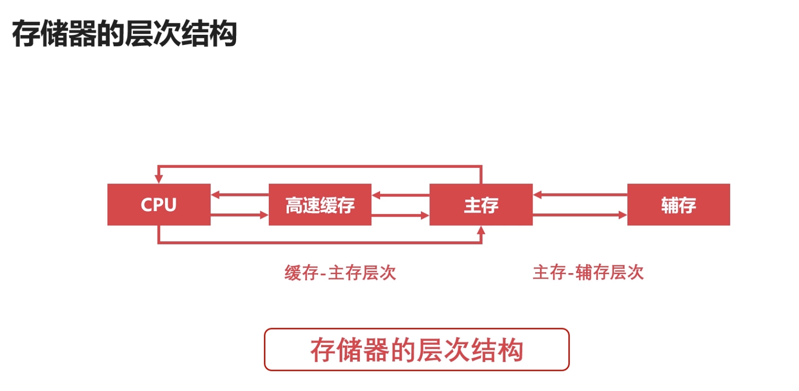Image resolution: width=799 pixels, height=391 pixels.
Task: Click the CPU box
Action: pyautogui.click(x=159, y=204)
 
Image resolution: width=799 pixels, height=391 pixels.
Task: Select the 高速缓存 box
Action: pyautogui.click(x=320, y=204)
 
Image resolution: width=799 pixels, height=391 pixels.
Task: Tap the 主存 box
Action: pyautogui.click(x=481, y=204)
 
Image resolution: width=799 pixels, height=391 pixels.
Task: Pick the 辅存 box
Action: pyautogui.click(x=678, y=204)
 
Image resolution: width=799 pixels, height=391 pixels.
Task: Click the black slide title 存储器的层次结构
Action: pyautogui.click(x=124, y=34)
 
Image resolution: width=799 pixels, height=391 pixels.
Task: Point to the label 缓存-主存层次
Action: pyautogui.click(x=340, y=273)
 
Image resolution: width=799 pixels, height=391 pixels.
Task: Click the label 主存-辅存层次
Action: pyautogui.click(x=588, y=273)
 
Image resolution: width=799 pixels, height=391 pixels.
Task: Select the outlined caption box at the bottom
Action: pyautogui.click(x=416, y=350)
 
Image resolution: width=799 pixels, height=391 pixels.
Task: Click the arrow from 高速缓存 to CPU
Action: pyautogui.click(x=240, y=194)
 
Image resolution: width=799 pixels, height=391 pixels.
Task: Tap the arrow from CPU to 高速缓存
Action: pyautogui.click(x=240, y=215)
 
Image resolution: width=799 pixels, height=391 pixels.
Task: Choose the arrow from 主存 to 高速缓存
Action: pyautogui.click(x=400, y=195)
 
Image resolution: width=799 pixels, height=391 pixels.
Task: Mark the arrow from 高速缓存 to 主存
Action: pyautogui.click(x=400, y=215)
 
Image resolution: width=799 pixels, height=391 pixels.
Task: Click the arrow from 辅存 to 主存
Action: pyautogui.click(x=580, y=194)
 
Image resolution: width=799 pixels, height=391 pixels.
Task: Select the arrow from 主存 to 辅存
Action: pyautogui.click(x=580, y=215)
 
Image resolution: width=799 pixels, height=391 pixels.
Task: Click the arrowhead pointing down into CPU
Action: pyautogui.click(x=159, y=178)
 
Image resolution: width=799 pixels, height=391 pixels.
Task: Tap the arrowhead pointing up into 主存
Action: pyautogui.click(x=481, y=231)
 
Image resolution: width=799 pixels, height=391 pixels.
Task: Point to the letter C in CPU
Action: pyautogui.click(x=147, y=205)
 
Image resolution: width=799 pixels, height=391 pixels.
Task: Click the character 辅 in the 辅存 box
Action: pyautogui.click(x=670, y=205)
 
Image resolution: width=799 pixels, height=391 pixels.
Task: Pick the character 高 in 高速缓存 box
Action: pyautogui.click(x=294, y=205)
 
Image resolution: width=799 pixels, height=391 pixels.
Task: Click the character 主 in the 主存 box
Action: pyautogui.click(x=472, y=205)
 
